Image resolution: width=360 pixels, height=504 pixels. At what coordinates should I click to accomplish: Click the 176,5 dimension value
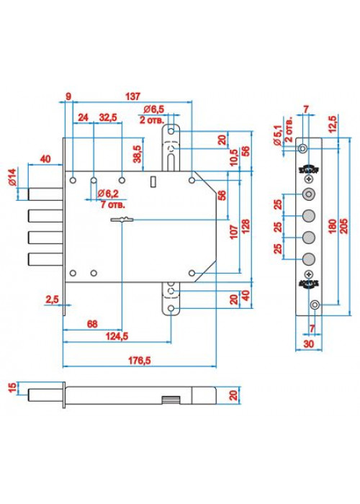140,360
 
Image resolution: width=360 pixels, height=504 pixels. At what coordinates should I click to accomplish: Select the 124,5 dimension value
117,336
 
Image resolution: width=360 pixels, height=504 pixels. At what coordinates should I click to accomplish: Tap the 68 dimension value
92,324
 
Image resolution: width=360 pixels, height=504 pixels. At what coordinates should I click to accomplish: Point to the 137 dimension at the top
132,96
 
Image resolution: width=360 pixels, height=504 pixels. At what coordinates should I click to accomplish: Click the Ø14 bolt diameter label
12,177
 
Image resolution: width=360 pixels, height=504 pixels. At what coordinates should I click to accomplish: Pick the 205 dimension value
343,226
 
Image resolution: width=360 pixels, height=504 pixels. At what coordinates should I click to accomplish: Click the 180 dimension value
333,226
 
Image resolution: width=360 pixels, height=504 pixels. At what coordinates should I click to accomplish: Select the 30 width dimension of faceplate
309,343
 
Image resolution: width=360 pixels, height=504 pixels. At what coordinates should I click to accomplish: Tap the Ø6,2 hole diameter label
108,194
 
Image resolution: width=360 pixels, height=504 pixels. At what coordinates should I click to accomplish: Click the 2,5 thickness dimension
52,300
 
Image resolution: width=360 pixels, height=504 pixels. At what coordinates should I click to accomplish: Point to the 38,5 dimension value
138,154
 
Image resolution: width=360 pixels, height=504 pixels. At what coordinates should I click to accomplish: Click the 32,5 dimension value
108,117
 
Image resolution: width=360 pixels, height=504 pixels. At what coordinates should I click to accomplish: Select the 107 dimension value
234,232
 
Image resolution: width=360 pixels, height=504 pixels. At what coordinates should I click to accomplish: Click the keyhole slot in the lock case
122,220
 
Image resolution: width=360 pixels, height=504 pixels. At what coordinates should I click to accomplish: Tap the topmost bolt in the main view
45,194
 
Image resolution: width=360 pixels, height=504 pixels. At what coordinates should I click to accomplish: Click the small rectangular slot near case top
153,181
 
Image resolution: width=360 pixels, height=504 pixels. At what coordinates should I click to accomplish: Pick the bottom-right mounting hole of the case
192,273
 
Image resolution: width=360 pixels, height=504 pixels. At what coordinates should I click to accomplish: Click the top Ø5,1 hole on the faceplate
302,148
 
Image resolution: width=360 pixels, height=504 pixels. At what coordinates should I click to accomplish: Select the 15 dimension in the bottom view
12,387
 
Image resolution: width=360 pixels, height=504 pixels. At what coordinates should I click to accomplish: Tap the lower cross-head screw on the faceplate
309,274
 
